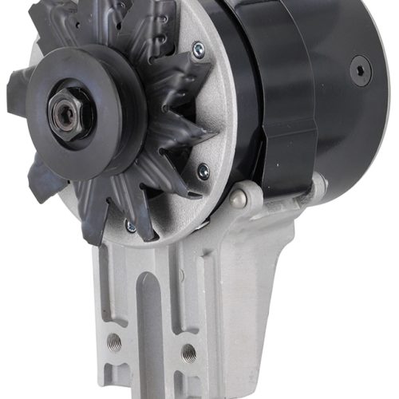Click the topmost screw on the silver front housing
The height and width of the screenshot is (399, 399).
point(197,49)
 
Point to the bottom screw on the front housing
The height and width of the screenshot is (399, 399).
point(129,227)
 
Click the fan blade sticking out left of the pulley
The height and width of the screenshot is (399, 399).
point(18,84)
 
